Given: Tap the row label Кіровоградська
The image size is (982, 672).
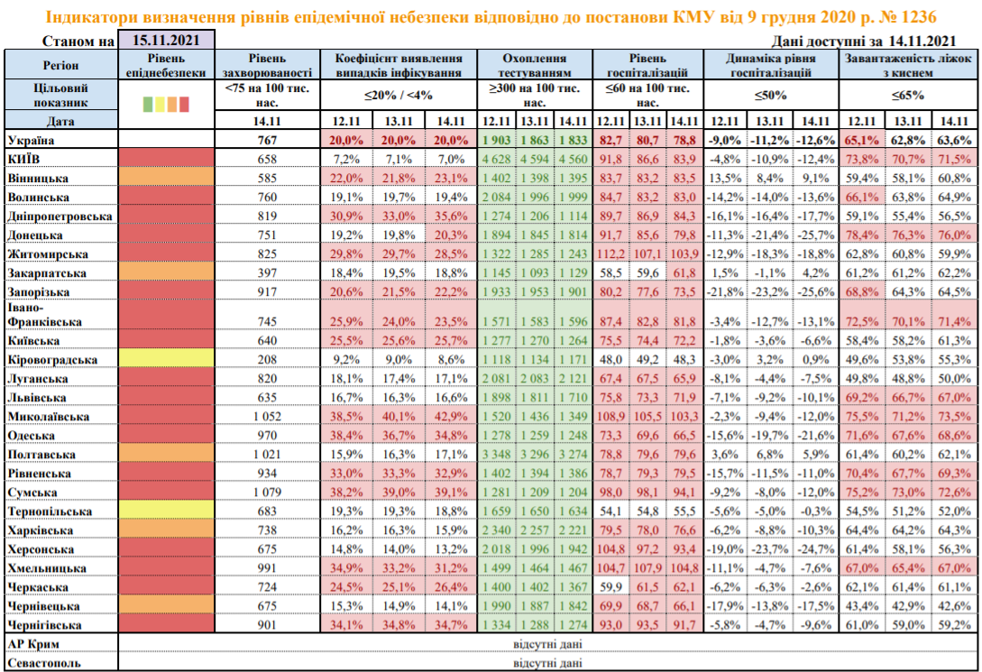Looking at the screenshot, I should point(51,359).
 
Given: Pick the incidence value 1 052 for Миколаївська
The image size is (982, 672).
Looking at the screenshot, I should point(269,417).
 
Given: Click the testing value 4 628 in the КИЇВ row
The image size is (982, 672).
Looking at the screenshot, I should point(497,160).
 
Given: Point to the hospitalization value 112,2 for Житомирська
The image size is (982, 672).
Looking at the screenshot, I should point(611,254).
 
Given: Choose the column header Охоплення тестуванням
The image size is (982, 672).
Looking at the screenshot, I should point(535,63).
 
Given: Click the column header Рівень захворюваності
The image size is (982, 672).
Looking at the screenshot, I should point(269,63).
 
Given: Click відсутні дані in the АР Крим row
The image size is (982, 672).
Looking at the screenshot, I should point(546,644).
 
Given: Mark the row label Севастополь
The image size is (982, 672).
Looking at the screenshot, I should point(44,663).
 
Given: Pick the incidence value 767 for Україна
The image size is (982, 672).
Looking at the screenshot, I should point(269,141).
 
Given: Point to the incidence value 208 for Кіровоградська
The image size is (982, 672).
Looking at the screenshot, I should point(269,359).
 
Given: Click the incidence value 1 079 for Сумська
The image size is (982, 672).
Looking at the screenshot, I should point(269,492).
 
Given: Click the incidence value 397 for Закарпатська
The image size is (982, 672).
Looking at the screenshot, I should point(269,273).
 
